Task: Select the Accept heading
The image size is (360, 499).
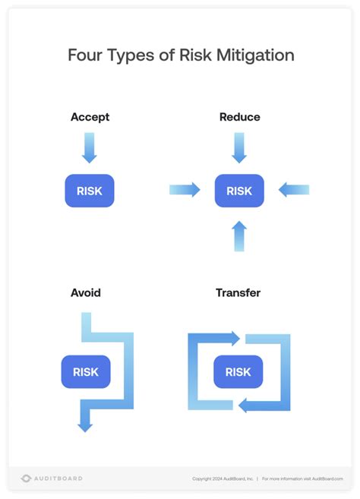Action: [90, 117]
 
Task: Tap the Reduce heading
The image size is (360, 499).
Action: [239, 117]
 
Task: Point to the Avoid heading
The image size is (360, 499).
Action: [85, 292]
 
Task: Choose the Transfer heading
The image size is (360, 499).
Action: [238, 292]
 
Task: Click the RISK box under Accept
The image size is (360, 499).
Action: [90, 191]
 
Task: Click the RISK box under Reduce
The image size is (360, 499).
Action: [239, 191]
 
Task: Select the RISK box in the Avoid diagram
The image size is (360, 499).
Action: [86, 372]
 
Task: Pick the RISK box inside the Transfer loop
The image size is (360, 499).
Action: [238, 371]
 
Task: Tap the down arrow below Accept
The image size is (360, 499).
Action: [90, 147]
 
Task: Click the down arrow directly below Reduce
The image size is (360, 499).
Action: [239, 147]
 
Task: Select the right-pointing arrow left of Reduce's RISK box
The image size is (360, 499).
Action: [185, 190]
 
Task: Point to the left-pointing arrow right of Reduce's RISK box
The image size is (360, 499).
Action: [294, 190]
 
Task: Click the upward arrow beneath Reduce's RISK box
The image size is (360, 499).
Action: [239, 235]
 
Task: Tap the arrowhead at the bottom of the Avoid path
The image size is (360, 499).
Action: [85, 426]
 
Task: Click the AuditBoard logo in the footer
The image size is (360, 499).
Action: [52, 478]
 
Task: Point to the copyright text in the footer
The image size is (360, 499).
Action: [223, 478]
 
